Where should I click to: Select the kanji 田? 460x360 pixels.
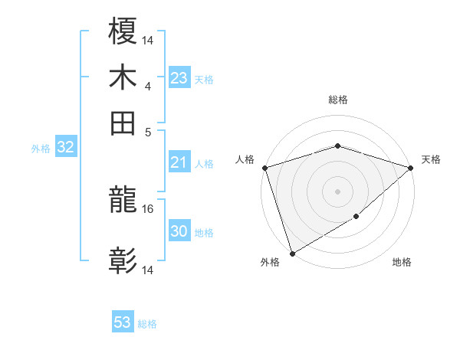123,123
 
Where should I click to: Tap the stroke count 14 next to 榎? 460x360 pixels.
149,39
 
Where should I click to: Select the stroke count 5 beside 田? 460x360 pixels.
149,131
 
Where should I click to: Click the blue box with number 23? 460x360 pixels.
179,78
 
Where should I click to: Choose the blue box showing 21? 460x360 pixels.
179,162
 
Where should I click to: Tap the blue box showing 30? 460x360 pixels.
179,231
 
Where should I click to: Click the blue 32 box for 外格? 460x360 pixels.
65,148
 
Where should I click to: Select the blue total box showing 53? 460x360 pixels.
123,322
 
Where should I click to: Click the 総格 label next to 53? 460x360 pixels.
147,324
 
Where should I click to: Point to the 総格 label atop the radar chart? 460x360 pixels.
337,100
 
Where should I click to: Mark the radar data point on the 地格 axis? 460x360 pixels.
356,218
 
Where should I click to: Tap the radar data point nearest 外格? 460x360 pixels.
292,253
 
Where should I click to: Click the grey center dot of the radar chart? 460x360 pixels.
337,191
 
